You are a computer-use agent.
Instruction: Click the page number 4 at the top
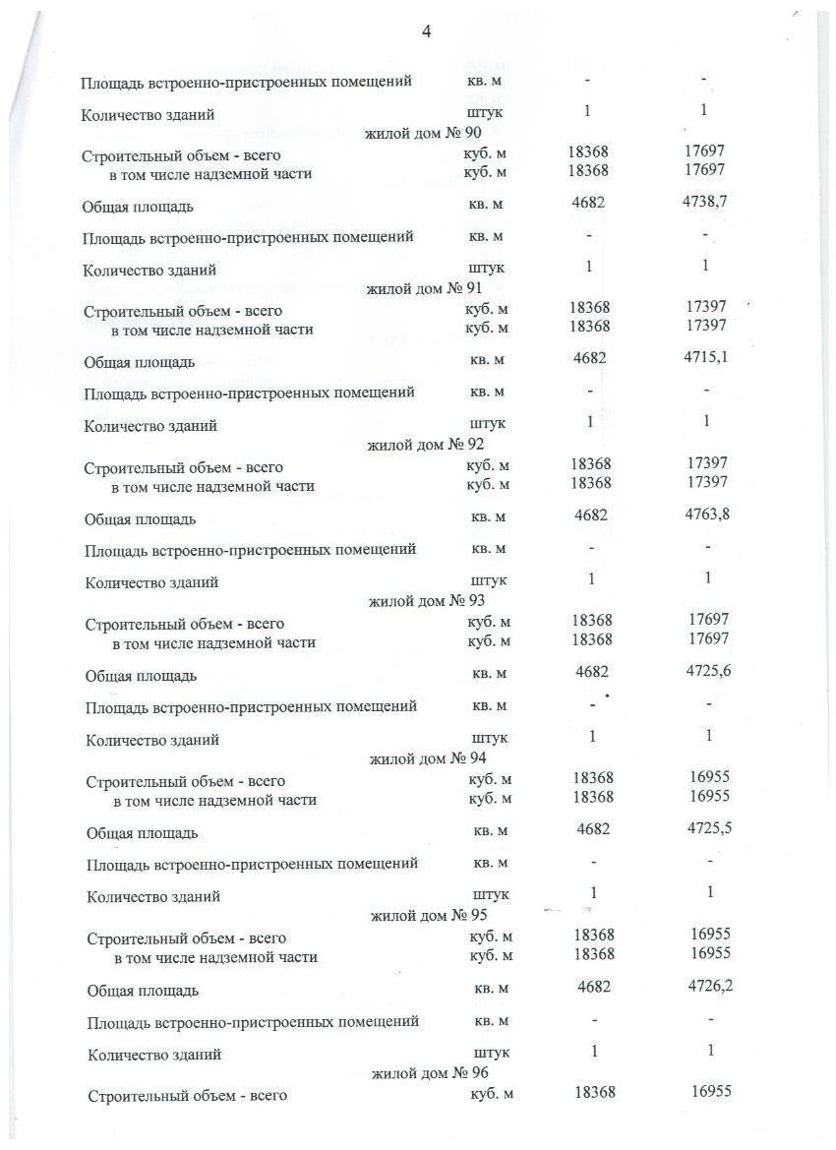(426, 31)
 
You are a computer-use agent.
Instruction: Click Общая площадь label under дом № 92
(141, 518)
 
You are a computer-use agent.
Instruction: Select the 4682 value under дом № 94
(593, 829)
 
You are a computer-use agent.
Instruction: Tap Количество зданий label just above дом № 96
(153, 1055)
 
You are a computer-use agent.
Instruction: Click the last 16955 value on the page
(711, 1091)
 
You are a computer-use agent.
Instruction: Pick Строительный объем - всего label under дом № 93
(185, 624)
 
